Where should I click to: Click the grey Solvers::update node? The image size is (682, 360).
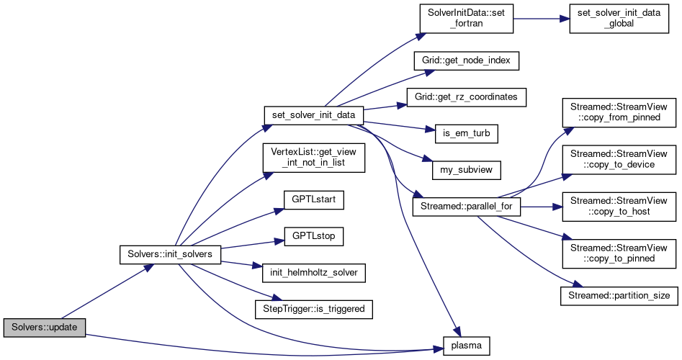[x=45, y=328]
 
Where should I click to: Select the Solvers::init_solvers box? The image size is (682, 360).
[x=170, y=256]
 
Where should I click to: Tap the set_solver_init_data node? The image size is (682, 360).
[x=313, y=114]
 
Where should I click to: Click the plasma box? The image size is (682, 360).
[x=466, y=346]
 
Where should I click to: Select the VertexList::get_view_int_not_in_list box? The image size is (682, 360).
[x=313, y=157]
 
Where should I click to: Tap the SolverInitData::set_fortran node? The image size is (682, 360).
[x=466, y=19]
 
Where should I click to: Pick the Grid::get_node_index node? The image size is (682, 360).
[x=466, y=60]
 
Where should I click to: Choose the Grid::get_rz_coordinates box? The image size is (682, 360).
[x=466, y=96]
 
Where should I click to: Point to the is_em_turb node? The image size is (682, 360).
[x=466, y=133]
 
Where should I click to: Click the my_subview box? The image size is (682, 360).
[x=466, y=170]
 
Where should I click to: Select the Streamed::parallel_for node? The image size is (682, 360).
[x=466, y=207]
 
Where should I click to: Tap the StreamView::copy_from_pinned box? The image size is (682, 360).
[x=619, y=112]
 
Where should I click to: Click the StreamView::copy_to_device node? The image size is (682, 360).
[x=619, y=158]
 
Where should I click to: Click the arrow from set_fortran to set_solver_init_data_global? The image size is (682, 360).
[x=540, y=19]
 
